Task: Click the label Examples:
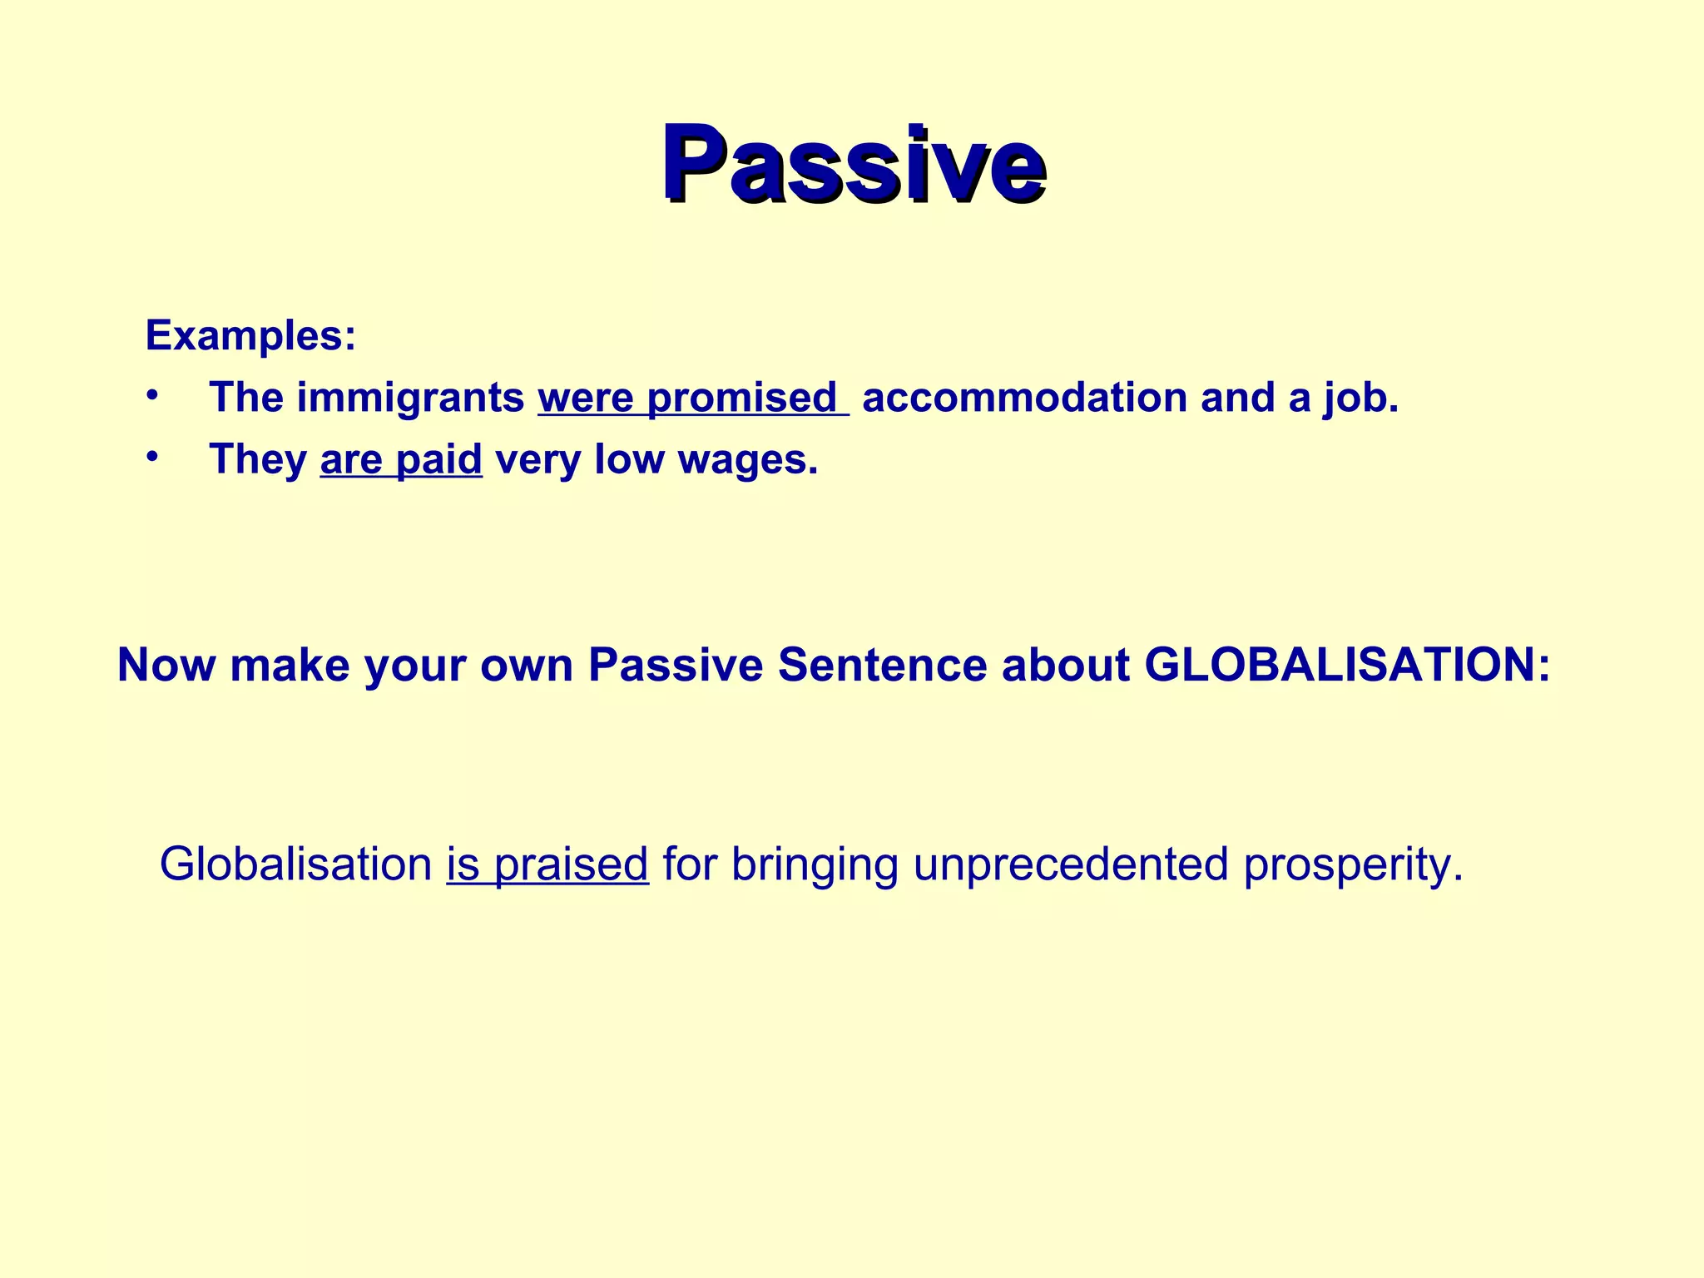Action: (x=250, y=336)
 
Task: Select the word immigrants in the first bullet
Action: (x=410, y=398)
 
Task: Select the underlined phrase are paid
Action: (x=401, y=460)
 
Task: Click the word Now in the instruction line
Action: (x=166, y=666)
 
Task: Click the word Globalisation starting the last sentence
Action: (x=295, y=864)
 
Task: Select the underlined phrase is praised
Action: (x=547, y=865)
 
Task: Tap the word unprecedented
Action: (x=1071, y=865)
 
